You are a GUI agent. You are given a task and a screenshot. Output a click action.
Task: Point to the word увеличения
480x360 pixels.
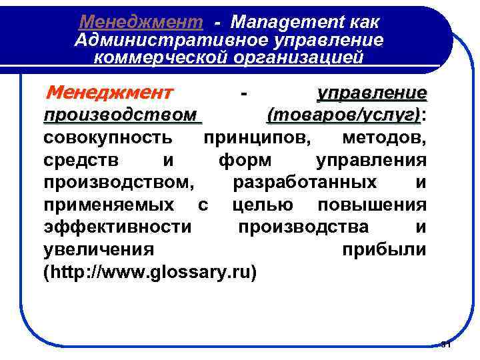[98, 250]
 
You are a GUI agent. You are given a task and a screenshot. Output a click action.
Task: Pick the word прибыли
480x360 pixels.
[384, 250]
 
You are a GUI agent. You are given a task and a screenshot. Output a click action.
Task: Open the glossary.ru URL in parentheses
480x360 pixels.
[149, 273]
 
